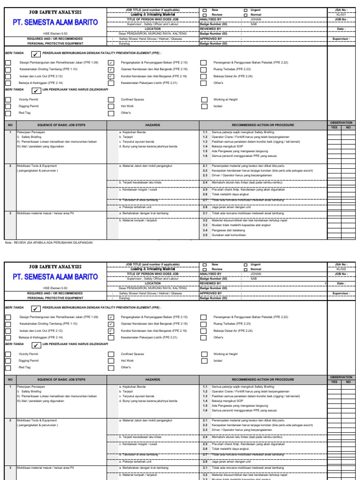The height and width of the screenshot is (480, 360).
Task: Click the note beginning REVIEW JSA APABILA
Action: tap(49, 242)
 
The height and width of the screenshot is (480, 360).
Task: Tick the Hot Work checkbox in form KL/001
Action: tap(111, 106)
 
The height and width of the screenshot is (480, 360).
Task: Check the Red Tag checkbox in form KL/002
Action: tap(8, 367)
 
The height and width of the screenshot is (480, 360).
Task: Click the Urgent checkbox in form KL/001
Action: tap(245, 10)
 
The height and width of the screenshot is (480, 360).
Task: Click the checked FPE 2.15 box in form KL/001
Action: tap(111, 62)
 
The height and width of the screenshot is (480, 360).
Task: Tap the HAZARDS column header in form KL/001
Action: tap(153, 125)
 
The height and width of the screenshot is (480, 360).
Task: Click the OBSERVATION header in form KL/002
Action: tap(341, 377)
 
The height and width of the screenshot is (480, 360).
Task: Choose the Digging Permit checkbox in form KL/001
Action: tap(8, 106)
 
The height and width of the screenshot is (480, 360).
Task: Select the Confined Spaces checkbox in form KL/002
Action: tap(111, 354)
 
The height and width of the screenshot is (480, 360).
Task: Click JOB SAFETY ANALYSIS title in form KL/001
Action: tap(55, 12)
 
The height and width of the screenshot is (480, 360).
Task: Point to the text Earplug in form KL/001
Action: tap(125, 43)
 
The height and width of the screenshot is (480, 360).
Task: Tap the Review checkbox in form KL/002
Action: tap(204, 270)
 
